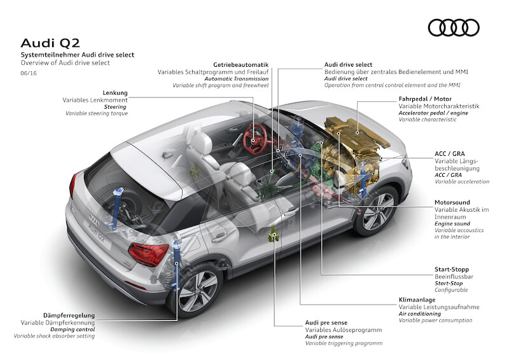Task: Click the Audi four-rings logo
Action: pyautogui.click(x=453, y=27)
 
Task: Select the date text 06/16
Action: pyautogui.click(x=29, y=74)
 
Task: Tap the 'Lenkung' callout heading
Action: pyautogui.click(x=115, y=93)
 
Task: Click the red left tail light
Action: pyautogui.click(x=148, y=253)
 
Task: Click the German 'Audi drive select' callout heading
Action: pyautogui.click(x=349, y=65)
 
